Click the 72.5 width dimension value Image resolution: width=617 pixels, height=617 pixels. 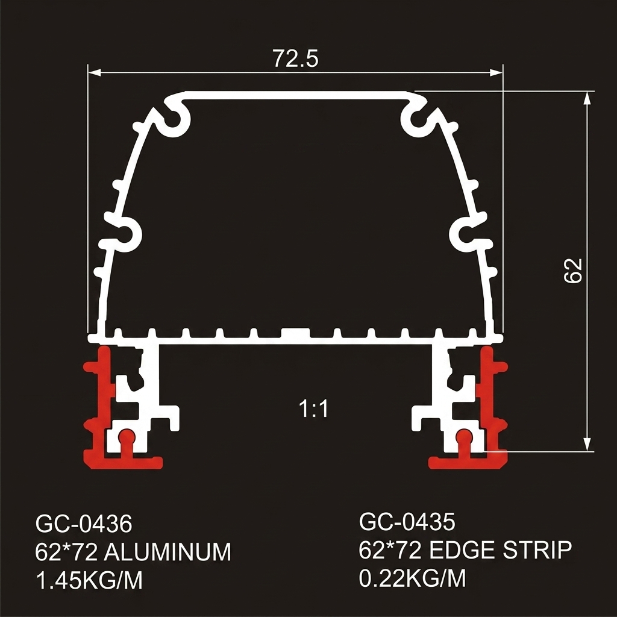pos(295,58)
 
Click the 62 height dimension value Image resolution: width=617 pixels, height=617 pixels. pos(573,271)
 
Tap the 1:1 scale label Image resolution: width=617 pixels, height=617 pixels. pos(313,409)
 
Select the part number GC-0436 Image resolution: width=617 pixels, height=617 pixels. pos(84,524)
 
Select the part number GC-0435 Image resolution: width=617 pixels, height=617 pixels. pos(407,522)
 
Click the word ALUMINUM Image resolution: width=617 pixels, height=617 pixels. pos(168,552)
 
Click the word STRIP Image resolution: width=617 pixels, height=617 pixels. pos(531,550)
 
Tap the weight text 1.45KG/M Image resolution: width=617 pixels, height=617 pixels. pos(89,580)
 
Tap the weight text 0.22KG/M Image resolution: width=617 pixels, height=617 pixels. pos(412,578)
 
